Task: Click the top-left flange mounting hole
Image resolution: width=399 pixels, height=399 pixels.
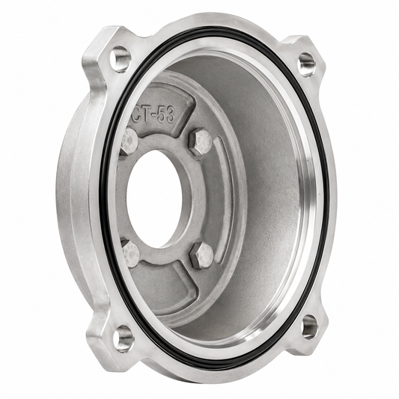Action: (x=120, y=59)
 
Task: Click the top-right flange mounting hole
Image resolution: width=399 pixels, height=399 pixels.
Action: (x=306, y=64)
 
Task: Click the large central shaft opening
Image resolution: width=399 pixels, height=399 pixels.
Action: (x=154, y=198)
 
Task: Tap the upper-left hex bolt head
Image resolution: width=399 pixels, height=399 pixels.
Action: (x=130, y=141)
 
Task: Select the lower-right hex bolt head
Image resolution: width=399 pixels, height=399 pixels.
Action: (x=202, y=255)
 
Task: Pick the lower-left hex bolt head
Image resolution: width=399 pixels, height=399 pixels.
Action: (x=130, y=252)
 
